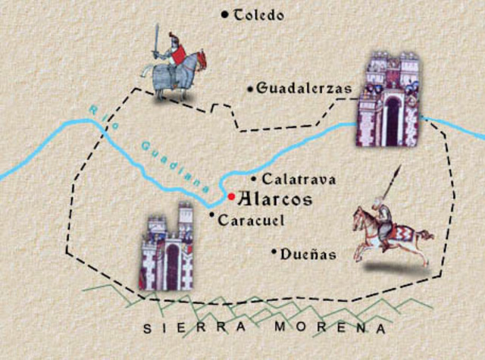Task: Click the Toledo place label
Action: (259, 15)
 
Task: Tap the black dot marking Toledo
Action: (224, 14)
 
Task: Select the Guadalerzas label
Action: (304, 89)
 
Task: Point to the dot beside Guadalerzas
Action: (250, 89)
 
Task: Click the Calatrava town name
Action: (298, 180)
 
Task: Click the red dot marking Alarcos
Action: (231, 196)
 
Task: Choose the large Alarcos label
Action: (275, 200)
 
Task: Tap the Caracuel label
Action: (250, 221)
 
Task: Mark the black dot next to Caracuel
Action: (211, 215)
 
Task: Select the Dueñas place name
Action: (308, 255)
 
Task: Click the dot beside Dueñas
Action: (273, 251)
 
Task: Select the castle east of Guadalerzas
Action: (389, 100)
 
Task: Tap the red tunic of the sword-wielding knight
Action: (180, 55)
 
